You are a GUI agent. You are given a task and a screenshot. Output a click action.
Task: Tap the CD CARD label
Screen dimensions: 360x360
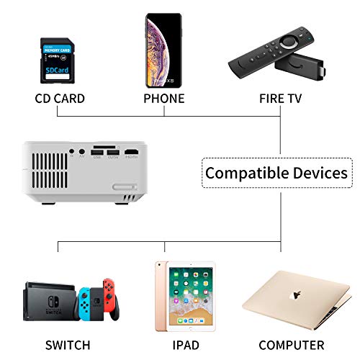point(60,99)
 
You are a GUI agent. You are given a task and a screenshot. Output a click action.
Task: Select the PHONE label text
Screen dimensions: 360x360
point(164,99)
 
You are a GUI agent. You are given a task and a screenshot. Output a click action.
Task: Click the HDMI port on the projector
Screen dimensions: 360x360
point(132,153)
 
